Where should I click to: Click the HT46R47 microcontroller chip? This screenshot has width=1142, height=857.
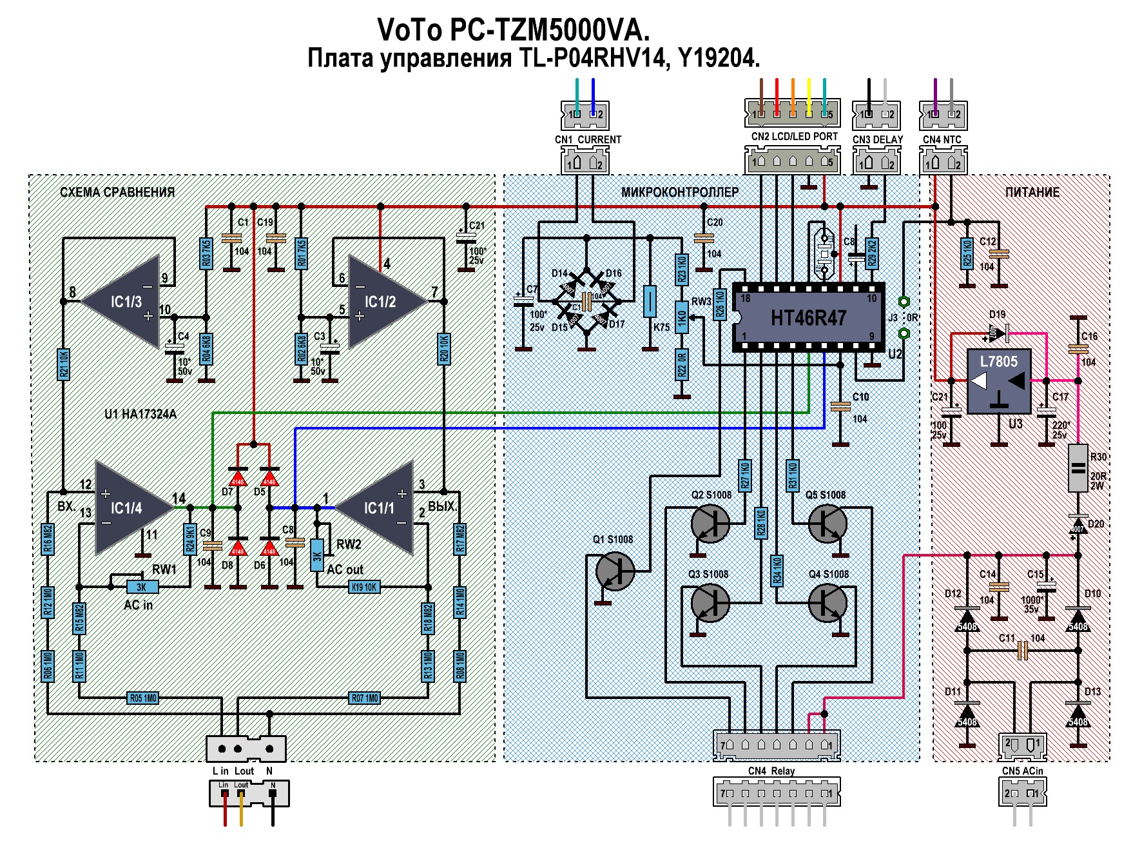808,317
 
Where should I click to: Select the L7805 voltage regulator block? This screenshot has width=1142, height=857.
998,380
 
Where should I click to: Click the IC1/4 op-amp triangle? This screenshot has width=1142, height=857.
128,507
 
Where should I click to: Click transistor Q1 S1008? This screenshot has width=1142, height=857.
615,571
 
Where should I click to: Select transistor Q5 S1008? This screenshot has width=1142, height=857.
827,523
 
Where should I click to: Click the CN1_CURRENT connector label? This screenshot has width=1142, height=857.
588,139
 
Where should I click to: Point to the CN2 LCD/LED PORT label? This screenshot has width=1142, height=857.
794,137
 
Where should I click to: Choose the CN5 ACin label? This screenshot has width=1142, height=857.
1022,771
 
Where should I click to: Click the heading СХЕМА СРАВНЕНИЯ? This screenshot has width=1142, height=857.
117,192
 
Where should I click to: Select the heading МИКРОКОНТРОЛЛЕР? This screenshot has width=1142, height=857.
680,192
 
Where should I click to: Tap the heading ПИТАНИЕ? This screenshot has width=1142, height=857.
1032,192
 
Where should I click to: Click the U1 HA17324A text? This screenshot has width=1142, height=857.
140,414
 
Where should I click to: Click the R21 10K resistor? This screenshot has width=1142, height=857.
63,364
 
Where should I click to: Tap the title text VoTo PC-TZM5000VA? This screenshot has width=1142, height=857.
513,30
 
